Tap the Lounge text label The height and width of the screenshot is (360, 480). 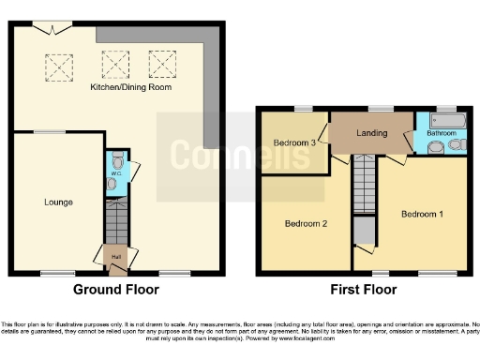click(x=58, y=202)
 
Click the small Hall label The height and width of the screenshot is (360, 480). click(x=115, y=256)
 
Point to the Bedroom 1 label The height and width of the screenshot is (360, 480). click(x=422, y=214)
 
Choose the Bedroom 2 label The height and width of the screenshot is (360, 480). click(x=306, y=224)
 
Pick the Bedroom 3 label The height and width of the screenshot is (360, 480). click(x=293, y=142)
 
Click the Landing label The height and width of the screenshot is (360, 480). click(x=371, y=133)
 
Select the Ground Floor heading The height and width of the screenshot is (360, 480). click(x=115, y=290)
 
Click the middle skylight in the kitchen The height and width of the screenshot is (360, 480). click(x=116, y=64)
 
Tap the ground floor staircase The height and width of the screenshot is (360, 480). click(x=115, y=225)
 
